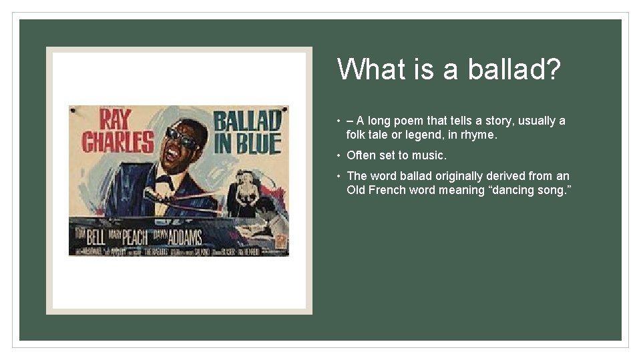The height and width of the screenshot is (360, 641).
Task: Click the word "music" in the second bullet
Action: click(x=429, y=155)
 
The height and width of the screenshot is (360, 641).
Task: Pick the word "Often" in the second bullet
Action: click(x=361, y=155)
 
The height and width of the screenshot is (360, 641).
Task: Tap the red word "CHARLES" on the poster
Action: click(x=118, y=141)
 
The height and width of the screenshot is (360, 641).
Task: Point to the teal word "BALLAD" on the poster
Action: click(x=246, y=121)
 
